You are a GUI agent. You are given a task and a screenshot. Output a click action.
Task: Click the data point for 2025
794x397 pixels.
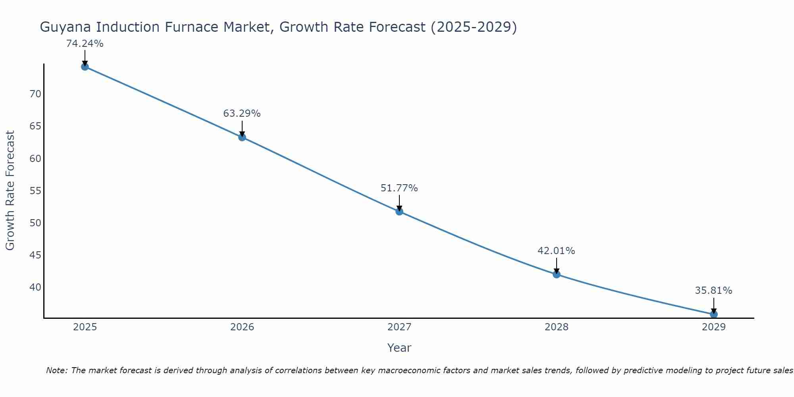[x=85, y=67]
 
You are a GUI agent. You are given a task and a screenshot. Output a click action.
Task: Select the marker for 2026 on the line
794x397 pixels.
[x=242, y=137]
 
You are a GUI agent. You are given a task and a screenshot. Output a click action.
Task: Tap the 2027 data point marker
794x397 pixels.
[x=399, y=212]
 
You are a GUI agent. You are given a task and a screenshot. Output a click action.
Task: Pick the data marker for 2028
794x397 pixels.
[x=557, y=274]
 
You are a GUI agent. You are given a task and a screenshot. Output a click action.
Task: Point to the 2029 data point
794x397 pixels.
[x=714, y=314]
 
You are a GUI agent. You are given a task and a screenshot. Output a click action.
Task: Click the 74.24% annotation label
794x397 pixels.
[x=85, y=44]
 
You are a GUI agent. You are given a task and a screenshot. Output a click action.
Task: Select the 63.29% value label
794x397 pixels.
[x=242, y=114]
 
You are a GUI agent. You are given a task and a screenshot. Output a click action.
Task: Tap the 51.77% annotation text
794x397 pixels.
[x=399, y=188]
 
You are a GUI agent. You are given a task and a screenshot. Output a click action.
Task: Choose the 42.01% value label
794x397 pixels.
[x=556, y=251]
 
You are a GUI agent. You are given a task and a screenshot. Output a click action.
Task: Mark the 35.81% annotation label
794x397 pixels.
[x=713, y=291]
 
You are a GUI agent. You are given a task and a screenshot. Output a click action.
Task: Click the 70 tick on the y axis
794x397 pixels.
[x=35, y=94]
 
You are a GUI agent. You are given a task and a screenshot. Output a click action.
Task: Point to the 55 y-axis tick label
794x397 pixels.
[x=35, y=191]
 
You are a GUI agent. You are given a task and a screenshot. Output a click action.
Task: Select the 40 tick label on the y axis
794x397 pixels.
[x=35, y=287]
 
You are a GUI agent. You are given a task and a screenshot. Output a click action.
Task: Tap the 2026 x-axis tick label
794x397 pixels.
[x=242, y=327]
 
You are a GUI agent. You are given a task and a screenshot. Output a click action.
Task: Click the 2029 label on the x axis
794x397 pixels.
[x=714, y=327]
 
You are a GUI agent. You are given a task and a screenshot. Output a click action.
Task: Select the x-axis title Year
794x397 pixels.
[x=399, y=348]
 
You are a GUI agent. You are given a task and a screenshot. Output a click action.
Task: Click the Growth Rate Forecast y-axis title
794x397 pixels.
[x=10, y=191]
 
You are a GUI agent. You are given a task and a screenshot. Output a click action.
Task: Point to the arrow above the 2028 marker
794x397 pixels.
[x=557, y=265]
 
